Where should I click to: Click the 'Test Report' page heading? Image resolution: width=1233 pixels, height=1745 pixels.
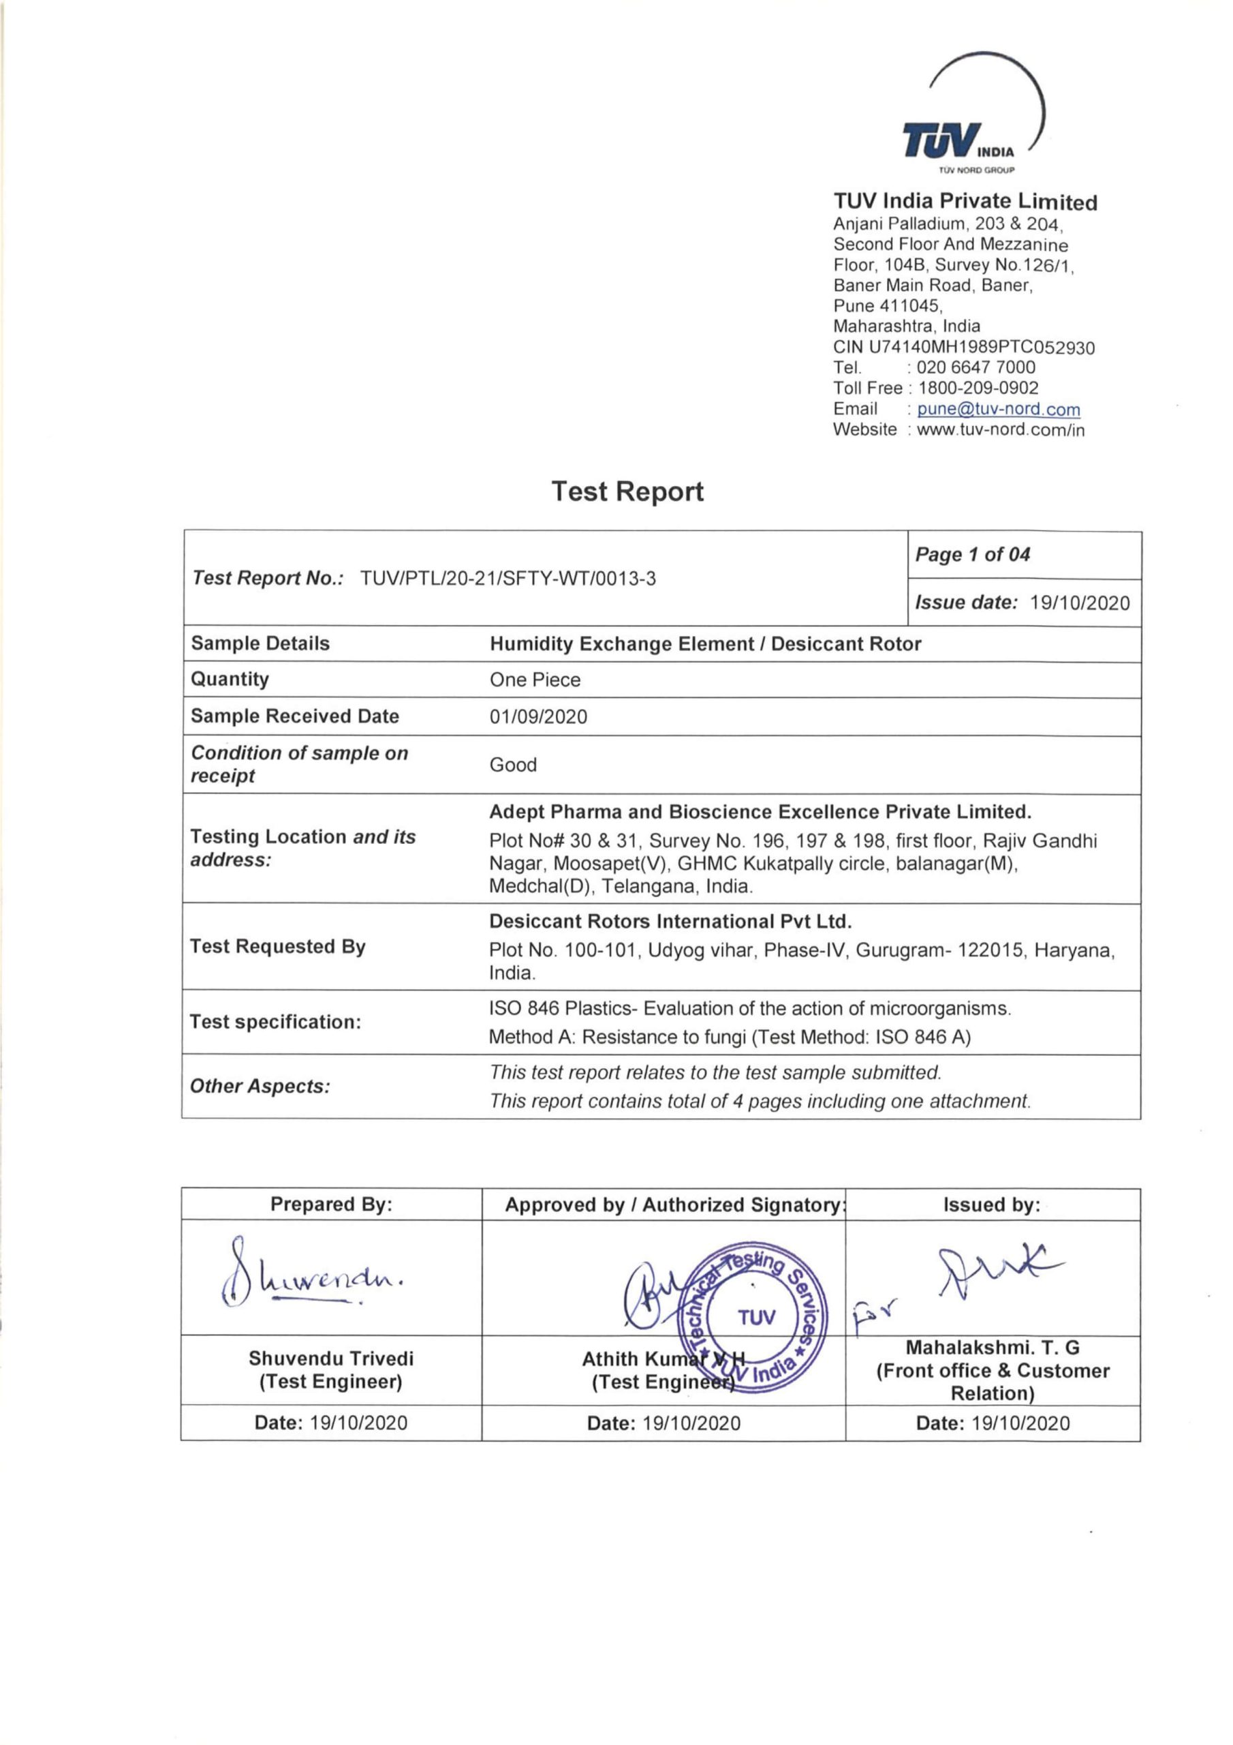tap(627, 491)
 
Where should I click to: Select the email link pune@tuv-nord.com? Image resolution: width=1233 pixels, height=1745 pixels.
tap(997, 409)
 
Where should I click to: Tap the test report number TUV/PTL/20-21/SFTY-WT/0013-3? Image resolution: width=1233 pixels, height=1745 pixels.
tap(508, 579)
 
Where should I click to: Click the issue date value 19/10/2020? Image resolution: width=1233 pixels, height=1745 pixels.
tap(1079, 603)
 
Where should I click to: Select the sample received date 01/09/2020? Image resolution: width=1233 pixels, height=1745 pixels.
tap(538, 716)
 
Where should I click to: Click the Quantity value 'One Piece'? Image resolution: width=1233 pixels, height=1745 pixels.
tap(535, 680)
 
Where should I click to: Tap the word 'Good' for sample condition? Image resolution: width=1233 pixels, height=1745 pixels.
tap(513, 765)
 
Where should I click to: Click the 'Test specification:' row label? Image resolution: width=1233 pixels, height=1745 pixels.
tap(275, 1022)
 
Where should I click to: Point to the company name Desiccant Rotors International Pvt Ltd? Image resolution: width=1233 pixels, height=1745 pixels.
tap(670, 921)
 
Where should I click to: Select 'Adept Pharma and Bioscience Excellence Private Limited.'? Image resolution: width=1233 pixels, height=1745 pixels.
tap(760, 812)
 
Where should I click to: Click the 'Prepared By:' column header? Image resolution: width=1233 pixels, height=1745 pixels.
tap(331, 1204)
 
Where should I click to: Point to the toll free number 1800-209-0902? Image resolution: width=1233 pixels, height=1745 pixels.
tap(978, 389)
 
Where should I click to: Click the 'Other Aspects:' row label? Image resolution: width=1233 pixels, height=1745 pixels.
tap(260, 1086)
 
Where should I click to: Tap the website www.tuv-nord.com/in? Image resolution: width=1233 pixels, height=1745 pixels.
tap(1001, 429)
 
